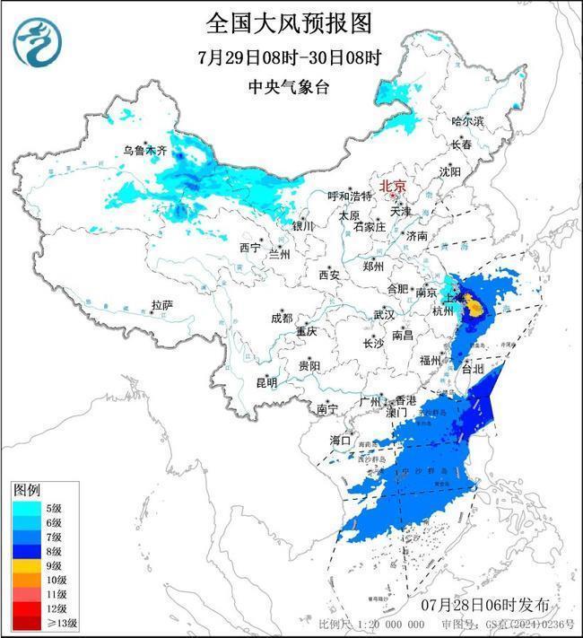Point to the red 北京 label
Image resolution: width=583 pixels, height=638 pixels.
[x=393, y=186]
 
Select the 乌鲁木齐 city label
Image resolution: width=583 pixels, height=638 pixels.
[x=144, y=152]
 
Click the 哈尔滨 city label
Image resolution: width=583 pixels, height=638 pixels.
[x=466, y=120]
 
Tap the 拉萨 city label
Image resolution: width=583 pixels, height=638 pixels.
[x=161, y=305]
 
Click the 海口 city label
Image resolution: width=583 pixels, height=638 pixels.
[x=340, y=440]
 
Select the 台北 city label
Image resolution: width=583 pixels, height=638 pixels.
[x=472, y=368]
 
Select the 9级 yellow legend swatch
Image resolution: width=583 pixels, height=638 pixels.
[x=26, y=565]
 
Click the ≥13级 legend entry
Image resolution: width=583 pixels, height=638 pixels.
[x=40, y=623]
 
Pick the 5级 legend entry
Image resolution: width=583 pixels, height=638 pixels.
[x=40, y=508]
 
